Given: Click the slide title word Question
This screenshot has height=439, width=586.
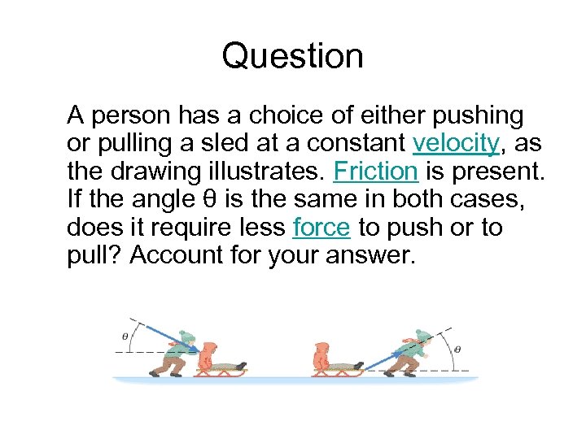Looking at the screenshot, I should coord(292,56).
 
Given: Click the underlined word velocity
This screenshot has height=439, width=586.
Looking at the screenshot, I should coord(455,144).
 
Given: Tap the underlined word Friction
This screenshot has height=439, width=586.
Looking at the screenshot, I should coord(375,172).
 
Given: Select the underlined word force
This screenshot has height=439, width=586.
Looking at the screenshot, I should coord(321,228).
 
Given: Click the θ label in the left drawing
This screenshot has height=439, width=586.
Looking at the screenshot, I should coord(125,333).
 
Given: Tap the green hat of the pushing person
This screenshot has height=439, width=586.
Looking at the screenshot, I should coord(187,336).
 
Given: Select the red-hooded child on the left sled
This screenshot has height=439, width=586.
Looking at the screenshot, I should coord(208,355).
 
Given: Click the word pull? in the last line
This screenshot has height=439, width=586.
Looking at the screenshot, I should coord(94,255).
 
